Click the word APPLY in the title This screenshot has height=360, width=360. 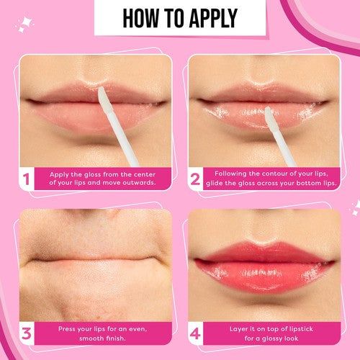(213, 18)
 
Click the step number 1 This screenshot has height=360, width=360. (26, 179)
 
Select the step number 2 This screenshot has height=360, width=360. (195, 179)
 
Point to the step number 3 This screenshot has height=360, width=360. (27, 333)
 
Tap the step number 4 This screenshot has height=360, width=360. (195, 333)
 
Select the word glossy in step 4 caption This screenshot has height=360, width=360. (273, 339)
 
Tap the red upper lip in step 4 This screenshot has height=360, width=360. (264, 252)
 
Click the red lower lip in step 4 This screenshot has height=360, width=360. (264, 276)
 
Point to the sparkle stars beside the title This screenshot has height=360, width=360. (24, 24)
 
